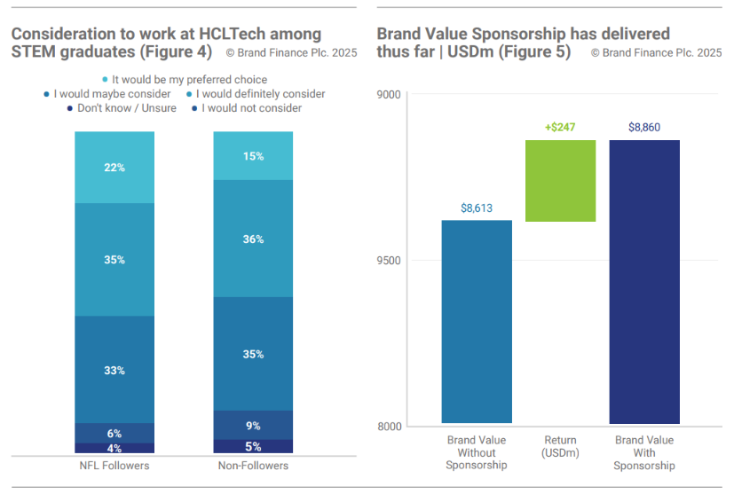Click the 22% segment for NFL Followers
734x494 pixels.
tap(114, 168)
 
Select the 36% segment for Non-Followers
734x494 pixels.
tap(253, 239)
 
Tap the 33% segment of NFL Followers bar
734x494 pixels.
tap(114, 370)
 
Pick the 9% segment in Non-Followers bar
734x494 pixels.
tap(253, 425)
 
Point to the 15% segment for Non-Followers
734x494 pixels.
tap(253, 156)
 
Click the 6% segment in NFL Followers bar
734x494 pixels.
tap(114, 433)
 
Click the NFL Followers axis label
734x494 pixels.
tap(114, 466)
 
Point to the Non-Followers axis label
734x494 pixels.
tap(253, 466)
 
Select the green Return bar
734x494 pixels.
tap(560, 181)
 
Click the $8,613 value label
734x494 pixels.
tap(477, 208)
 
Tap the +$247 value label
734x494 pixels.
tap(560, 128)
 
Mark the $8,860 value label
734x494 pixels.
tap(644, 128)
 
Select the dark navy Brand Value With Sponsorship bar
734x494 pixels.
tap(644, 282)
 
